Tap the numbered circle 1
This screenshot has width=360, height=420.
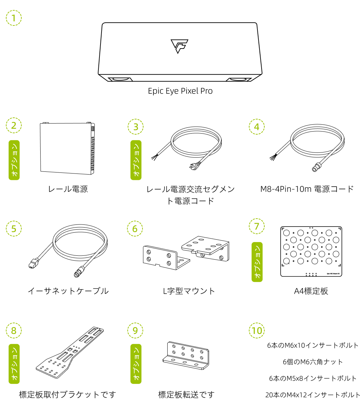coord(14,18)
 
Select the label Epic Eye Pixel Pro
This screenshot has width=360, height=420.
coord(180,91)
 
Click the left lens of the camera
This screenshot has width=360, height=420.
coord(120,79)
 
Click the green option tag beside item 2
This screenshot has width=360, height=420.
coord(14,160)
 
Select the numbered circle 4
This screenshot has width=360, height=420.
coord(257,126)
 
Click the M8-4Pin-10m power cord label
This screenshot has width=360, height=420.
coord(307,189)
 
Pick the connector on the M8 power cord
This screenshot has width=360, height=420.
coord(315,168)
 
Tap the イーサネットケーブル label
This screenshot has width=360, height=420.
coord(68,291)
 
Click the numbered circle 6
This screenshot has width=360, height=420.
coord(135,229)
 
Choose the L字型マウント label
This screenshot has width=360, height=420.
coord(189,291)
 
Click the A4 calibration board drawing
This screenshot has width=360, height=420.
coord(311,251)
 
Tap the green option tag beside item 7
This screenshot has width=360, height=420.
coord(257,262)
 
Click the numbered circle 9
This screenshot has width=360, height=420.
coord(135,330)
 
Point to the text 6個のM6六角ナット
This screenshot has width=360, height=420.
coord(313,362)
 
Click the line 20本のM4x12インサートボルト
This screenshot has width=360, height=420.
coord(313,395)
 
